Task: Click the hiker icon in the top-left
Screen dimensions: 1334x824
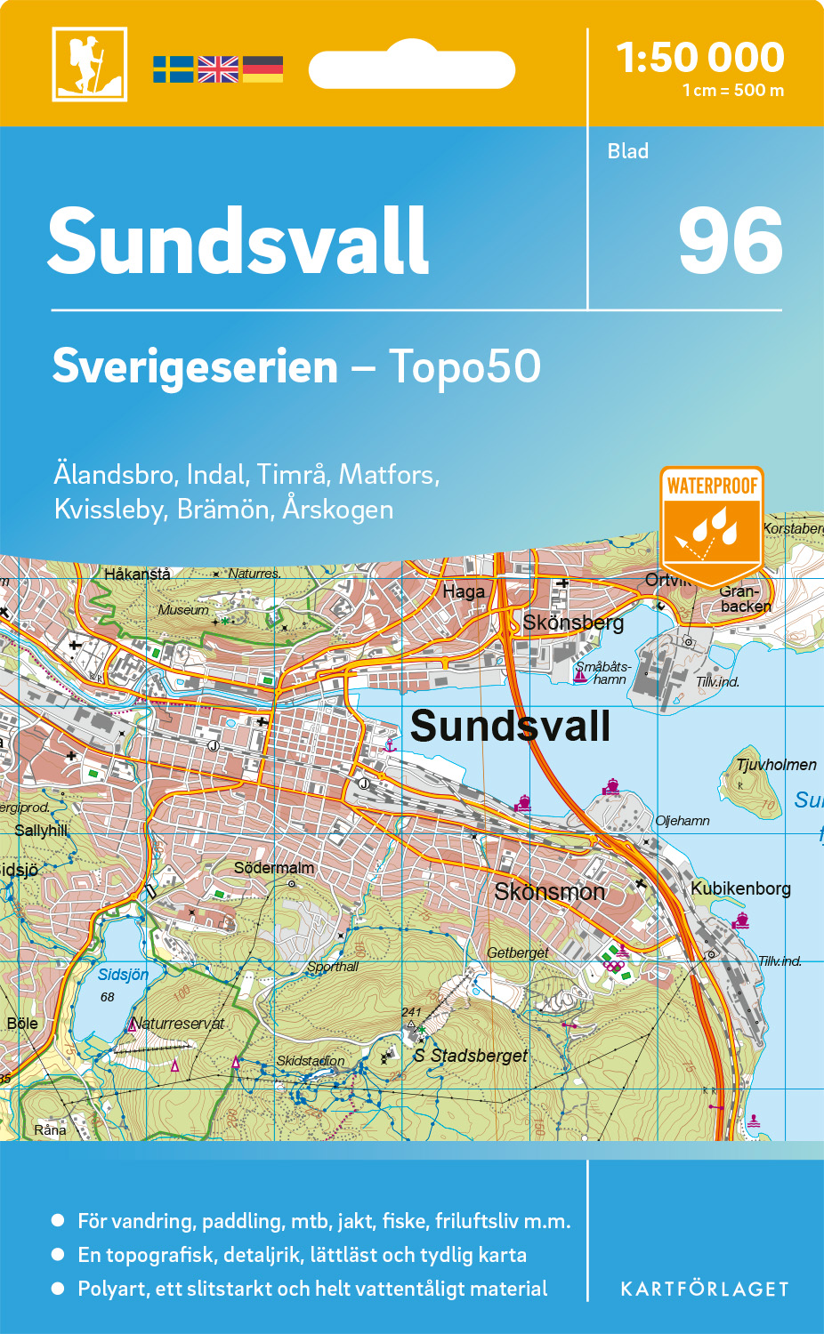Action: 89,64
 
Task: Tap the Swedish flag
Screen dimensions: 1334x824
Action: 173,69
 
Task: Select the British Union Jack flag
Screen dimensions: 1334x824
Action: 218,69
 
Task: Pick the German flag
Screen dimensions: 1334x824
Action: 263,69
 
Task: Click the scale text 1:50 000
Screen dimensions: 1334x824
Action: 700,58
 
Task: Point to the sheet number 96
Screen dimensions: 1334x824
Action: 730,241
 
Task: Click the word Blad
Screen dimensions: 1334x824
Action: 627,151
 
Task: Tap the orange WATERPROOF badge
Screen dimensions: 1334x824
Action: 712,525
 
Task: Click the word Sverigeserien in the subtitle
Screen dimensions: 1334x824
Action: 195,366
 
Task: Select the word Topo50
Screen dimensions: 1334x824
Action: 465,366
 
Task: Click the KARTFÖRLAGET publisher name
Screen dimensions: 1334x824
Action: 705,1290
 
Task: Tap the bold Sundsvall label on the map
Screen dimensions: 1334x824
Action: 510,726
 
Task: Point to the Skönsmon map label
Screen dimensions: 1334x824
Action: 549,891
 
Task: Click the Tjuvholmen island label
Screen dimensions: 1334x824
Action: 776,765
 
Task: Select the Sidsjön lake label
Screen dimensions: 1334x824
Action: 123,975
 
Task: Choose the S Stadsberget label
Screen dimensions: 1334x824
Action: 471,1056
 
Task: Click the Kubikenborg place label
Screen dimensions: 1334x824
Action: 740,888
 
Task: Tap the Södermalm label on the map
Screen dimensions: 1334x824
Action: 274,867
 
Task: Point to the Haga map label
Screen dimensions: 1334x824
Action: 464,591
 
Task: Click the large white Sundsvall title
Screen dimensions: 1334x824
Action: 238,241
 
